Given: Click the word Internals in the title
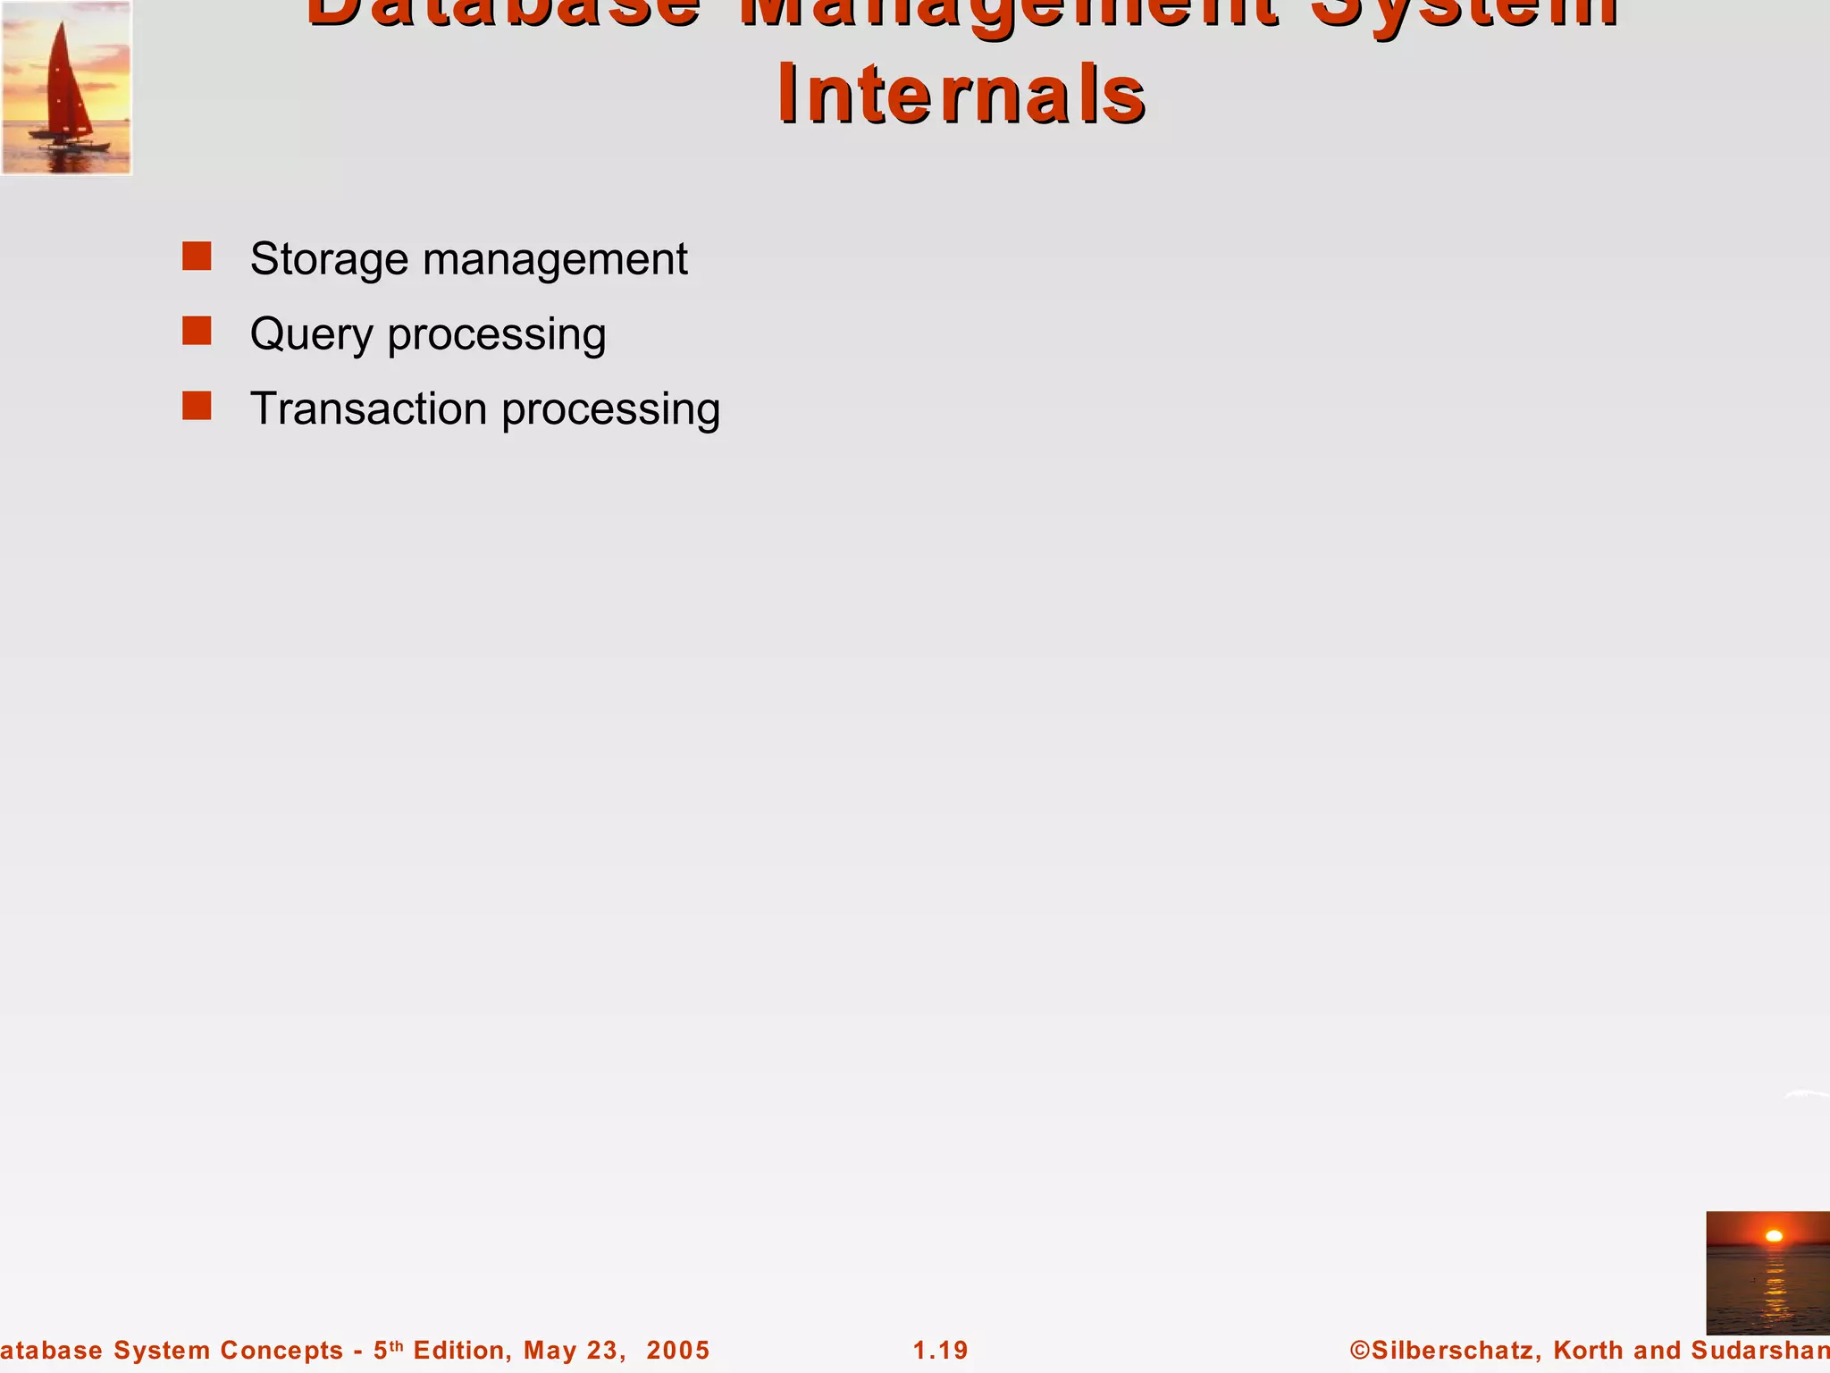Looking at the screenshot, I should coord(961,95).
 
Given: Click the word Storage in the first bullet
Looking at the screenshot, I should coord(329,259).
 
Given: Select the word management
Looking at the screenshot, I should coord(555,260).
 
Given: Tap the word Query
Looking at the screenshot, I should coord(311,335).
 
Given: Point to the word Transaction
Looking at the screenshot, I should coord(368,409).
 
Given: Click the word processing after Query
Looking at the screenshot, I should coord(496,335).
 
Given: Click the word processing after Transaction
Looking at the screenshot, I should coord(610,410).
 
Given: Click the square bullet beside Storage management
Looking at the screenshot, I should coord(197,257).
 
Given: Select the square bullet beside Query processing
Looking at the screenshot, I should coord(197,332).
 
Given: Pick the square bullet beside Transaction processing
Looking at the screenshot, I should coord(197,407).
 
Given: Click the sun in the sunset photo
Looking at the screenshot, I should coord(1774,1236).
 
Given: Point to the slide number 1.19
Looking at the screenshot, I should coord(940,1350).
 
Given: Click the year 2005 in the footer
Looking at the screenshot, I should coord(678,1350).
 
